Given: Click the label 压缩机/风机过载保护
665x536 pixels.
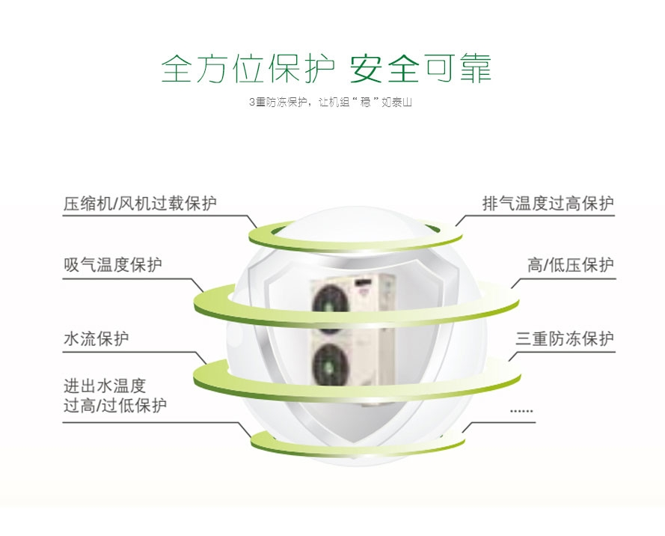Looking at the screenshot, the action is pyautogui.click(x=140, y=204).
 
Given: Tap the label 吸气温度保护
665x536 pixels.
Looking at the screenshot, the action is pyautogui.click(x=113, y=265).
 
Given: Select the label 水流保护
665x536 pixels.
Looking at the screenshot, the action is pyautogui.click(x=96, y=338).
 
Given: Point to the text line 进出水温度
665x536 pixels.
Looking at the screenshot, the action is pyautogui.click(x=105, y=386).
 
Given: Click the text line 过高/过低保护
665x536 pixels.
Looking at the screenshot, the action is pyautogui.click(x=115, y=405).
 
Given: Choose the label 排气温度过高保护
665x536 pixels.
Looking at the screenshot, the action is pyautogui.click(x=548, y=204).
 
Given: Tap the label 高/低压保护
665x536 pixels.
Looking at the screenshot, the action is pyautogui.click(x=571, y=265).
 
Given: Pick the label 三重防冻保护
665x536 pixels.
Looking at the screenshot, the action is pyautogui.click(x=565, y=338).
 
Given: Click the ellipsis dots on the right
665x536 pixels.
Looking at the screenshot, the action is pyautogui.click(x=521, y=411).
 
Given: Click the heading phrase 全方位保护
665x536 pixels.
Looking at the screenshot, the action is pyautogui.click(x=248, y=68).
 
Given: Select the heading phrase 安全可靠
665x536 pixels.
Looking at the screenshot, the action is pyautogui.click(x=420, y=68).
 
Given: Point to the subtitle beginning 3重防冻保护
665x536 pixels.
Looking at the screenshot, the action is pyautogui.click(x=331, y=103).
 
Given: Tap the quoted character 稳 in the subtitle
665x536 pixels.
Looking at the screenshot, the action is pyautogui.click(x=365, y=103).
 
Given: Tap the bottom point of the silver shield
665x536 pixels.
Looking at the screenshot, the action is pyautogui.click(x=355, y=446).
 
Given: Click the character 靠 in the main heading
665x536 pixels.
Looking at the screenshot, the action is pyautogui.click(x=476, y=68).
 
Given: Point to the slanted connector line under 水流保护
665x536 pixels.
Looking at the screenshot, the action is pyautogui.click(x=200, y=359).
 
